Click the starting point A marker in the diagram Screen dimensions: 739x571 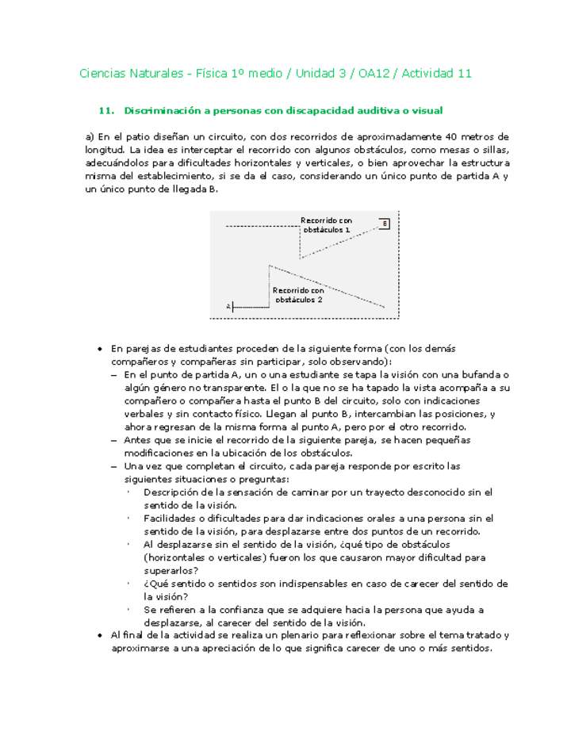tap(228, 305)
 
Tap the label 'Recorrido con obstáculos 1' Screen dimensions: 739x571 tap(326, 224)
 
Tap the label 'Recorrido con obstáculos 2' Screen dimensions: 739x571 tap(298, 295)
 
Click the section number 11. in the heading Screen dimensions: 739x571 tap(107, 110)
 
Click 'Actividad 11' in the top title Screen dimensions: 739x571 tap(437, 74)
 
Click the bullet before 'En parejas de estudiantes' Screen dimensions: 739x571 tap(99, 349)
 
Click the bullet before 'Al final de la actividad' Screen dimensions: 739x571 tap(99, 635)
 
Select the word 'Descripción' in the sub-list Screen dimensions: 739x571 tap(172, 492)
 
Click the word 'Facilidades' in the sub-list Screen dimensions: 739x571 tap(171, 518)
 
